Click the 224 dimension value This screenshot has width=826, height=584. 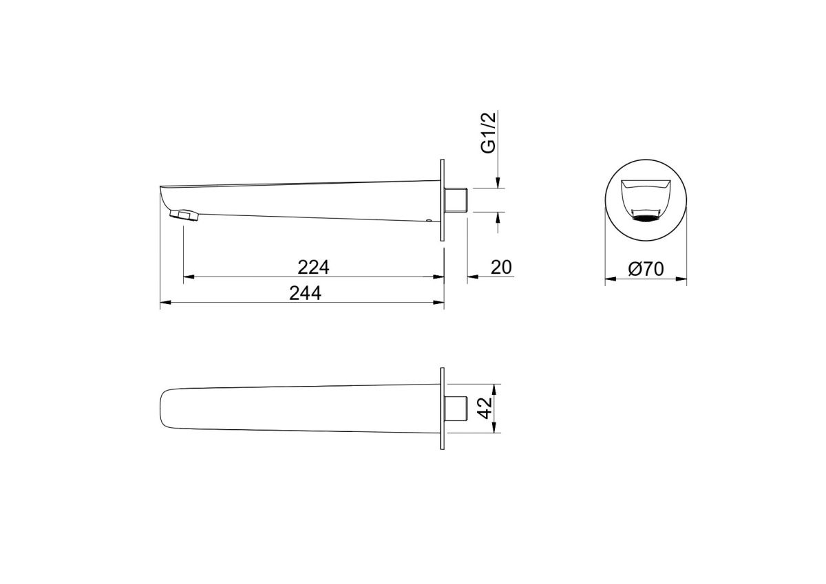[313, 267]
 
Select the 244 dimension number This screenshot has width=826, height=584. [305, 293]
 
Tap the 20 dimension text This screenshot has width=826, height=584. [501, 267]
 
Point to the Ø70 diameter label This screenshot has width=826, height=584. [646, 269]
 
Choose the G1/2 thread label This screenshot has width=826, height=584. [489, 133]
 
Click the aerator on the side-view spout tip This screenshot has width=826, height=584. [184, 215]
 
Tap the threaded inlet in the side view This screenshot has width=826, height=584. [456, 200]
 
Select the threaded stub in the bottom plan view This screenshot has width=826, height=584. [456, 408]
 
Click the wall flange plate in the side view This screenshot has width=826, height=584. [442, 200]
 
